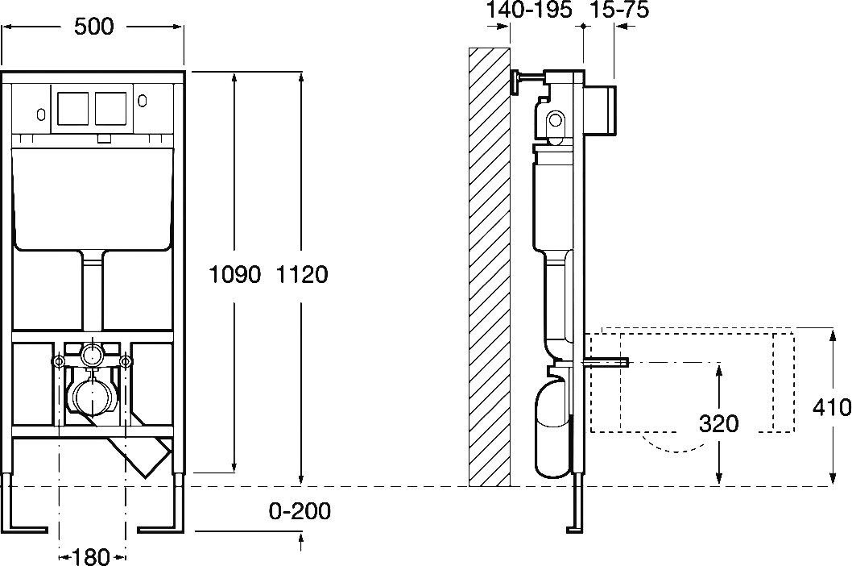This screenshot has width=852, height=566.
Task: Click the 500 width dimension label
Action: [x=93, y=27]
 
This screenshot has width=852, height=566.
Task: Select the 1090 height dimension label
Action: [x=235, y=275]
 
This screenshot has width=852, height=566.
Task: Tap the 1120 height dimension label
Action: [x=302, y=275]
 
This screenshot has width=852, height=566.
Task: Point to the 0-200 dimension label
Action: [x=300, y=511]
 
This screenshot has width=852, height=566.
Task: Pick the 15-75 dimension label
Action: [x=619, y=10]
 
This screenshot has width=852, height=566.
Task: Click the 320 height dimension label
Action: [x=719, y=422]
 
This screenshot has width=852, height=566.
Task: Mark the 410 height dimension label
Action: [x=833, y=407]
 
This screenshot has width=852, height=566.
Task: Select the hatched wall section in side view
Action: [x=490, y=266]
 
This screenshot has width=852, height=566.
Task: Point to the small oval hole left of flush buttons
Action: [x=40, y=102]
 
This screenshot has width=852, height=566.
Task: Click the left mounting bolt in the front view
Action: [x=59, y=360]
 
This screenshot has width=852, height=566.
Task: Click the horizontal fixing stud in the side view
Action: [x=606, y=364]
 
